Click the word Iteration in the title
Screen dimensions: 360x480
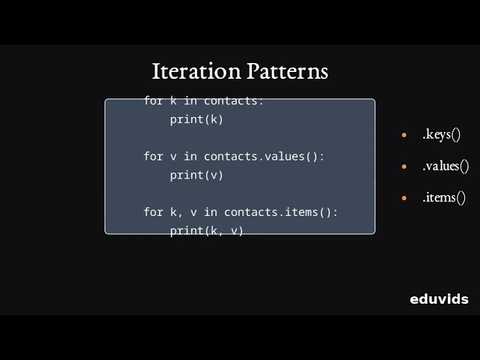click(196, 71)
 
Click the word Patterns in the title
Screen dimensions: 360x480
click(287, 71)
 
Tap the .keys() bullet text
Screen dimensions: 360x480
click(441, 135)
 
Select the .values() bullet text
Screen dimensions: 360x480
click(445, 166)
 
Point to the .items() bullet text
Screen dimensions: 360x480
click(444, 198)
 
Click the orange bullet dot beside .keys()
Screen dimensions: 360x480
click(404, 136)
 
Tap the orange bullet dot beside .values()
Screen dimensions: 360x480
click(404, 167)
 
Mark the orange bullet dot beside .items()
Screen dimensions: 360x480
click(404, 199)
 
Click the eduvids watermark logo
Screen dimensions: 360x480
click(439, 299)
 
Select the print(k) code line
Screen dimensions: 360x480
click(196, 119)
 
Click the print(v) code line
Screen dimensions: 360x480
click(196, 175)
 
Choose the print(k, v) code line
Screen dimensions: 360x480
click(206, 230)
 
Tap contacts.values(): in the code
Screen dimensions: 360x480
click(264, 156)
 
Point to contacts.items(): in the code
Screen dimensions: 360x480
click(280, 212)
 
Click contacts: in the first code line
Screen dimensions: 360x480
click(234, 100)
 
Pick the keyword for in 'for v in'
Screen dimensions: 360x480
click(153, 156)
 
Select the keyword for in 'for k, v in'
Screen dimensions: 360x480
click(153, 212)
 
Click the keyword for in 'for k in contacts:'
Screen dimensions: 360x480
click(153, 100)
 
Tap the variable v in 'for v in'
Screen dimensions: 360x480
click(173, 156)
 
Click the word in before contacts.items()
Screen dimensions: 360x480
click(210, 212)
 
